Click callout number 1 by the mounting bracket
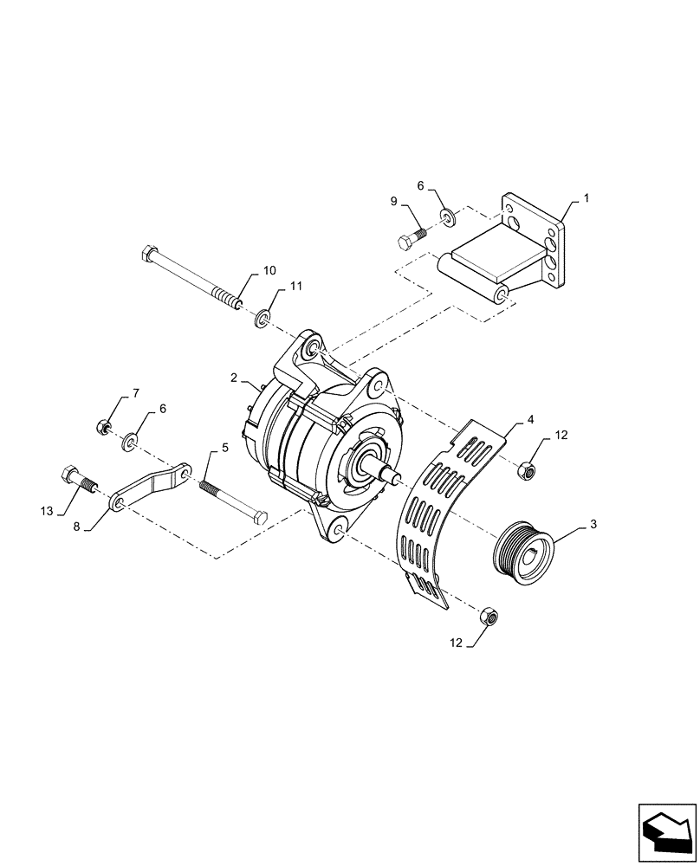pyautogui.click(x=586, y=198)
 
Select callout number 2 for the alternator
pyautogui.click(x=234, y=378)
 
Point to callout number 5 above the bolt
pyautogui.click(x=225, y=448)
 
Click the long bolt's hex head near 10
pyautogui.click(x=149, y=255)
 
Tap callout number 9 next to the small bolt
pyautogui.click(x=394, y=201)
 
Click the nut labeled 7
pyautogui.click(x=102, y=426)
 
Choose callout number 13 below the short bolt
pyautogui.click(x=49, y=512)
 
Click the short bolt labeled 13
pyautogui.click(x=76, y=478)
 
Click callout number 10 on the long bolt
pyautogui.click(x=269, y=269)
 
